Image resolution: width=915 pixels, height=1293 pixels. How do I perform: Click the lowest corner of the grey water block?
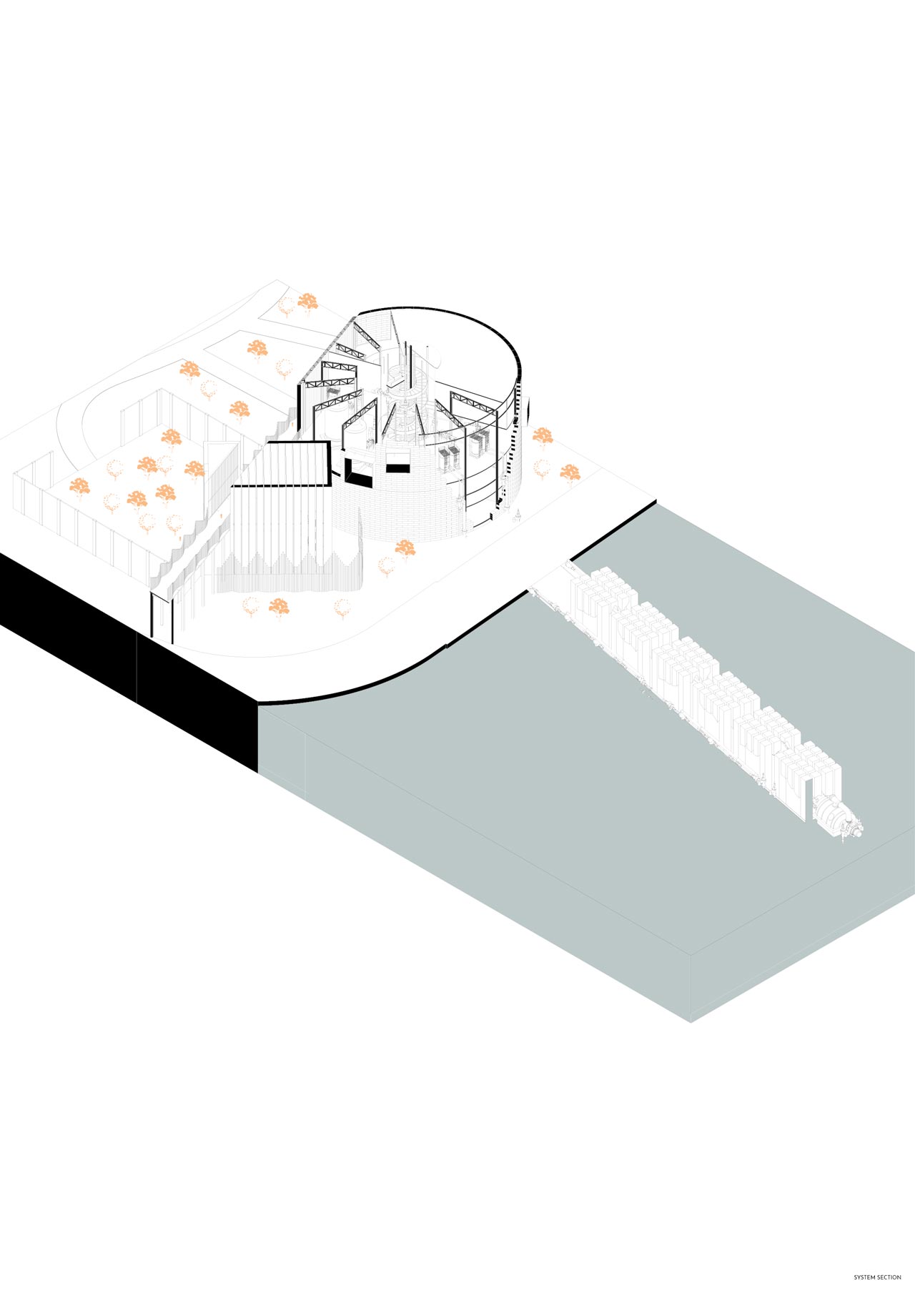[691, 1022]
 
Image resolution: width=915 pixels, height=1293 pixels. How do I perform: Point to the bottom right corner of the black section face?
[257, 772]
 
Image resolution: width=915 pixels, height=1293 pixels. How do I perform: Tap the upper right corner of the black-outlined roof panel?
[328, 442]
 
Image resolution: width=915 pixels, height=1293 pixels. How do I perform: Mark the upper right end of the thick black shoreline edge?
[656, 502]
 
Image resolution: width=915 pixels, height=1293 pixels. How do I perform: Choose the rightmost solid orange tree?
[570, 472]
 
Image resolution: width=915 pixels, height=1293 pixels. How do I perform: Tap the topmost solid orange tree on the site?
[307, 302]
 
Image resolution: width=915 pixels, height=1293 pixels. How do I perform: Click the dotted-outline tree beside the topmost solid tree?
[286, 307]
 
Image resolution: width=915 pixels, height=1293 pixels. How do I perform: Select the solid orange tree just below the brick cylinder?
[405, 549]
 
